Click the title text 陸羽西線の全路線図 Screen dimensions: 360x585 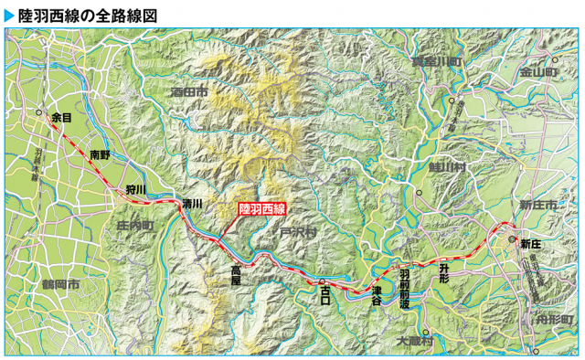(x=88, y=14)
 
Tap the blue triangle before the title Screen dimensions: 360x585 (x=10, y=14)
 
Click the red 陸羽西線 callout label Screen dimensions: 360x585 (x=262, y=208)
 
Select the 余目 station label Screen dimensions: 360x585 (x=61, y=118)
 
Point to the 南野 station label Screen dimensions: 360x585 (x=100, y=155)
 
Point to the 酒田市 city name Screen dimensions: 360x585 (x=188, y=92)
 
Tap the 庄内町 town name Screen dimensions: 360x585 (x=134, y=224)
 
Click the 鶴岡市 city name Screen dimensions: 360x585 (x=59, y=284)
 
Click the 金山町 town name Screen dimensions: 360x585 (x=538, y=70)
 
